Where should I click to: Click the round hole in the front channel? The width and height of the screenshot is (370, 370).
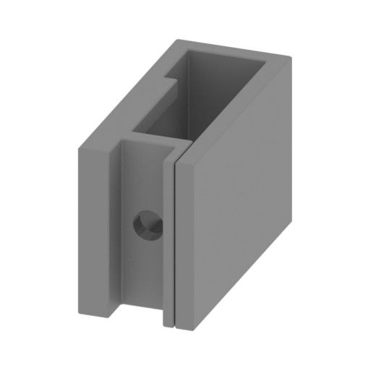pos(149,226)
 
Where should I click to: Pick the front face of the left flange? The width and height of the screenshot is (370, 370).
pos(92,231)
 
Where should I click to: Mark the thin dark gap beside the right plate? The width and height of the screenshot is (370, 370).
pos(174,238)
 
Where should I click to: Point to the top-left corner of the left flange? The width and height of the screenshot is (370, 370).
pos(72,150)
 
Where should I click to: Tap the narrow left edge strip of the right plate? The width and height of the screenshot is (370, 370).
pos(179,246)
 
